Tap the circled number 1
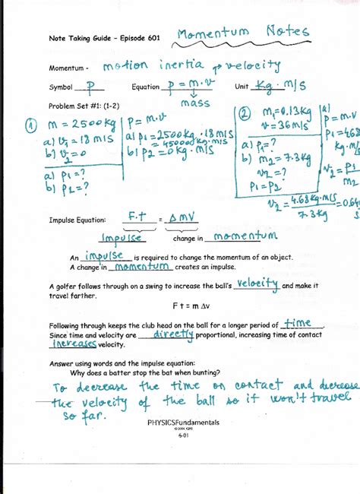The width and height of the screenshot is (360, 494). (x=29, y=125)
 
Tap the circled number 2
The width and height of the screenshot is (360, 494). (x=245, y=113)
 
